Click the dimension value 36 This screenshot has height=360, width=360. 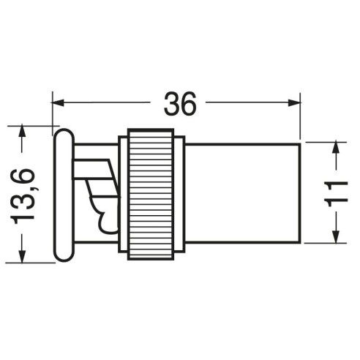(180, 104)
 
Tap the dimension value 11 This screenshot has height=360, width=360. (336, 194)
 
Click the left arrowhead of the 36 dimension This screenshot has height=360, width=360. (58, 102)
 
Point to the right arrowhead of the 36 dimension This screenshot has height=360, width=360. (294, 102)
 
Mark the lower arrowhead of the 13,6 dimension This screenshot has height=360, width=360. (22, 256)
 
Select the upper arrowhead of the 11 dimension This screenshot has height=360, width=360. (337, 148)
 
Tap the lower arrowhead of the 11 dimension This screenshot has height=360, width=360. (337, 237)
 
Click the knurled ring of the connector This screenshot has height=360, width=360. (151, 194)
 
